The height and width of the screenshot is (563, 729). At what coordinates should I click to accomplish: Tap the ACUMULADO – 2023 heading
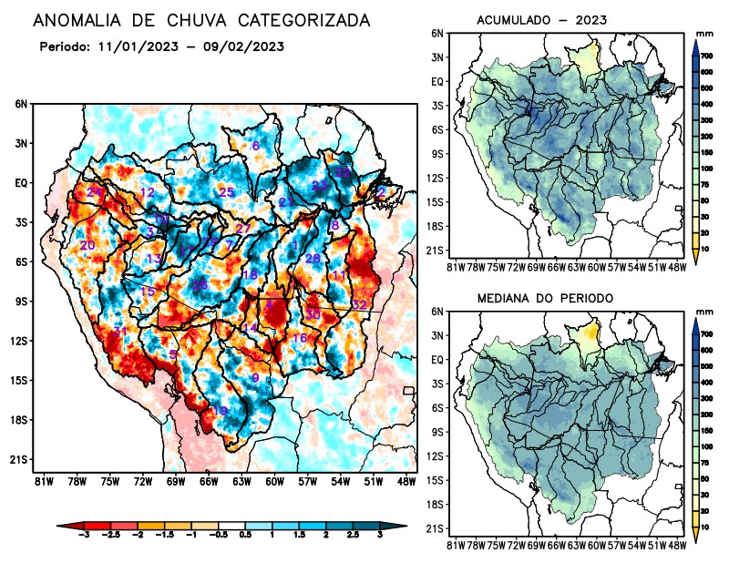(x=542, y=20)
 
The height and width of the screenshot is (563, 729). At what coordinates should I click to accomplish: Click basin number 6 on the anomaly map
(x=255, y=146)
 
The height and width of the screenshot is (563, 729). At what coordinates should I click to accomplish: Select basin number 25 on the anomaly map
(x=227, y=191)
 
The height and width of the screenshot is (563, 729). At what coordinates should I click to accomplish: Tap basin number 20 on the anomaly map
(x=87, y=246)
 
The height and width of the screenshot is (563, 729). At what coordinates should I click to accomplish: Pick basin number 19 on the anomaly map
(x=220, y=412)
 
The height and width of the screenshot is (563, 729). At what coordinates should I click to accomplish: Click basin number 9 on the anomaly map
(x=255, y=378)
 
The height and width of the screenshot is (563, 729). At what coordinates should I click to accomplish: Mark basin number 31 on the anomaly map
(x=118, y=331)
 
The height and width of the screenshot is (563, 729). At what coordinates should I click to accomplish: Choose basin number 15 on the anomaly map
(x=148, y=292)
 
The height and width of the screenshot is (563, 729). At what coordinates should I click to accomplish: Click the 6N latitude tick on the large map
(x=21, y=105)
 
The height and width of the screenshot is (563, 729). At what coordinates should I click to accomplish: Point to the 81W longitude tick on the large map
(x=41, y=480)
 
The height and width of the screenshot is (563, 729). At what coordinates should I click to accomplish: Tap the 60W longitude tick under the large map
(x=272, y=480)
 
